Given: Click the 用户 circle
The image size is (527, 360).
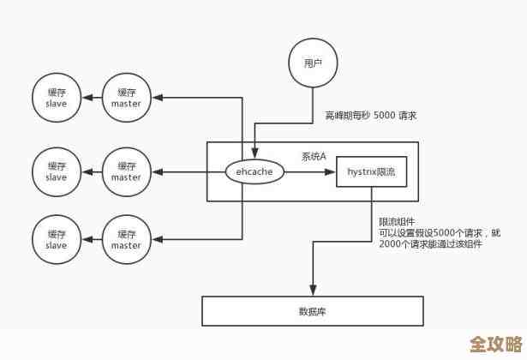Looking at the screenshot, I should click(313, 63).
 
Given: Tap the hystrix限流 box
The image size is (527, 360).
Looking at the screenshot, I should click(371, 172).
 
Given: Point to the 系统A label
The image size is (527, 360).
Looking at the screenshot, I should click(314, 156).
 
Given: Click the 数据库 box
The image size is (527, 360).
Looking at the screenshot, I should click(312, 310).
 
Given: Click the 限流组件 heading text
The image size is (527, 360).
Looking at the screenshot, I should click(396, 220).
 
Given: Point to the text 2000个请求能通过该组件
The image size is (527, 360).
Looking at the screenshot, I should click(430, 243).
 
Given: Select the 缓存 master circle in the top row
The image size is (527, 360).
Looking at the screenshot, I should click(126, 98).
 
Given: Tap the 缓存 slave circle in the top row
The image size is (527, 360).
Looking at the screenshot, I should click(56, 98).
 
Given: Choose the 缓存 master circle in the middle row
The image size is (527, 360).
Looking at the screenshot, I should click(126, 171).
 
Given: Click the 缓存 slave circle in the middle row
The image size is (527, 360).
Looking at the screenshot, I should click(56, 171).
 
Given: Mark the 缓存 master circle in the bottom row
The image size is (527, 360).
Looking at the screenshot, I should click(126, 240).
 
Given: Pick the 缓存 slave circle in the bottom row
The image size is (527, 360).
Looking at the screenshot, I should click(56, 240).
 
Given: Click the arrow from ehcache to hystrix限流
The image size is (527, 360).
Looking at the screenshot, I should click(308, 172).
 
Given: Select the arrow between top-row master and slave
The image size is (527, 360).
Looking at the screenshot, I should click(91, 98).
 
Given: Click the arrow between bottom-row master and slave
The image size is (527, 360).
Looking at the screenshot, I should click(91, 240).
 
